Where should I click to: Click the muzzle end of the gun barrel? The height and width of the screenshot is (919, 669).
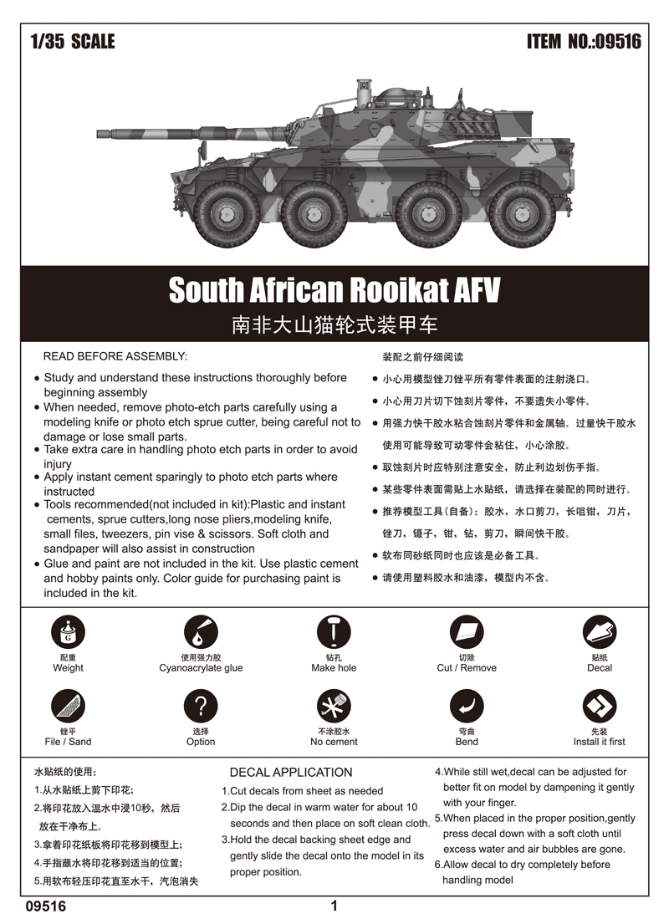pos(101,134)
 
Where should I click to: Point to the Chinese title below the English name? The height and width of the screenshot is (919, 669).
pos(334,324)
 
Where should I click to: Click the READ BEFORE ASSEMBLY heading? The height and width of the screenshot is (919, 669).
pos(115,356)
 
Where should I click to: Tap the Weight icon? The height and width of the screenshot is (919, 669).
pos(68,633)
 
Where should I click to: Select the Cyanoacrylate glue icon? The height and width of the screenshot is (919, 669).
pos(201,633)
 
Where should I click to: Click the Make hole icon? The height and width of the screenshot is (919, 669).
pos(334,633)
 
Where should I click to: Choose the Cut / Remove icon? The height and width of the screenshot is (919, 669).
pos(467,633)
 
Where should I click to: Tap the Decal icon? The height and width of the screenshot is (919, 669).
pos(599,633)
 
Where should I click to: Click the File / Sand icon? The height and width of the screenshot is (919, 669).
pos(68,707)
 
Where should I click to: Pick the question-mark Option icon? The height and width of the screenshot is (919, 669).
pos(201,707)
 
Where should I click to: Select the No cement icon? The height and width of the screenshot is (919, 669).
pos(334,707)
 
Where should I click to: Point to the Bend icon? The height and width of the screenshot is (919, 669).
pos(467,707)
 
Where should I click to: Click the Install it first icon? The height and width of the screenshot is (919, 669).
pos(599,707)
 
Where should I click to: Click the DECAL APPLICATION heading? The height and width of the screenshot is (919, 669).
pos(291,773)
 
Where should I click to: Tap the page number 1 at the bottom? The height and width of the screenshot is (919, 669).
pos(334,906)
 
